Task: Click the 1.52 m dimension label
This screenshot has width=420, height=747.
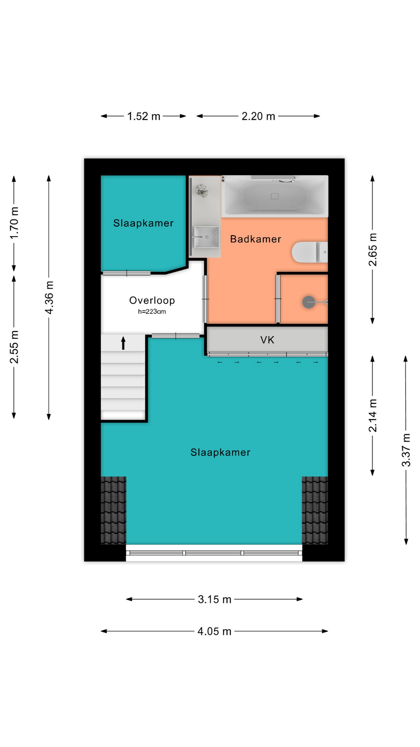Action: click(x=143, y=116)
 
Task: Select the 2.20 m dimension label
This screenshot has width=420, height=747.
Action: click(x=258, y=116)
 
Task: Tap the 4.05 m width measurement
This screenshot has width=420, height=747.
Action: click(x=214, y=631)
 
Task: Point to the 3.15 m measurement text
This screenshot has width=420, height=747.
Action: click(x=214, y=599)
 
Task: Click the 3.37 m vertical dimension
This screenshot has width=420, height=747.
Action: click(x=406, y=450)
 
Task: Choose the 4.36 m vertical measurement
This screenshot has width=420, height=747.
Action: click(x=49, y=298)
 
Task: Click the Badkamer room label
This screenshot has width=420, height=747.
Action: click(x=255, y=239)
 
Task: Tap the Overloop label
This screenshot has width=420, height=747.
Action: click(x=152, y=300)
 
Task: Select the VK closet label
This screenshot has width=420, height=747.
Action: click(x=268, y=340)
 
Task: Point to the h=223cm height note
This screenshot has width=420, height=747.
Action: click(x=152, y=312)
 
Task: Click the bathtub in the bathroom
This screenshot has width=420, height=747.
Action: click(x=275, y=196)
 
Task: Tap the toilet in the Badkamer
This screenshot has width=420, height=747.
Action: click(x=310, y=252)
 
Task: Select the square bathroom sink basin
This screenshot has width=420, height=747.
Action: click(x=206, y=237)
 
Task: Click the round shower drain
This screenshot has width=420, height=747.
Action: click(x=309, y=302)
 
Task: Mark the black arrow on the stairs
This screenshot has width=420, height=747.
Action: click(x=123, y=343)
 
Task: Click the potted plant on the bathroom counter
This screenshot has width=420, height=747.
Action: click(x=202, y=190)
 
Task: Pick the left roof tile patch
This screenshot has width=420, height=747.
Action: click(x=114, y=510)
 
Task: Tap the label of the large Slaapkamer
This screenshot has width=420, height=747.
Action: click(x=220, y=452)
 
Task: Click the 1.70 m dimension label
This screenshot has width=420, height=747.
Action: click(x=14, y=223)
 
